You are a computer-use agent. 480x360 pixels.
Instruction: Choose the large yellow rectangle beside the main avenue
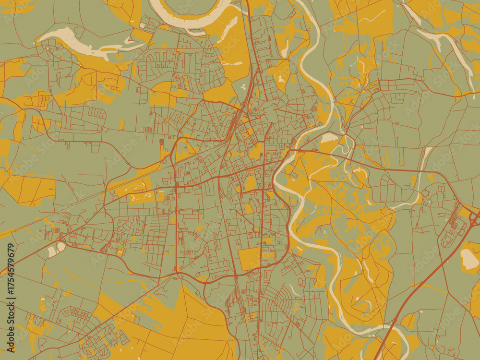tap(250, 259)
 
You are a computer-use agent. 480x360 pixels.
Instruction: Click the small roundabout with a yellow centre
tap(179, 118)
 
